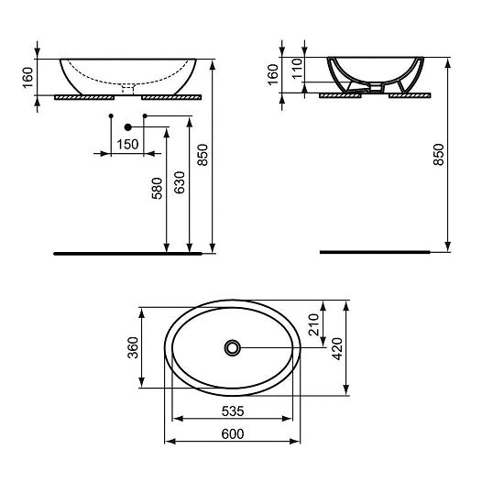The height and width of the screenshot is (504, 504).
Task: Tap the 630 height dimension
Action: point(180,183)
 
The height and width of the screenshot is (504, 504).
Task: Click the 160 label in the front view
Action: point(27,77)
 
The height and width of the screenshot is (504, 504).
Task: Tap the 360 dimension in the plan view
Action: point(132,348)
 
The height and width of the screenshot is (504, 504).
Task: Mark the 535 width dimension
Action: point(234,410)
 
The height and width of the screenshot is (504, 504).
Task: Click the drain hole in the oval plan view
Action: point(234,347)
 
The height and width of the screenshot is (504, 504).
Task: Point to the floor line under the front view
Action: point(128,250)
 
